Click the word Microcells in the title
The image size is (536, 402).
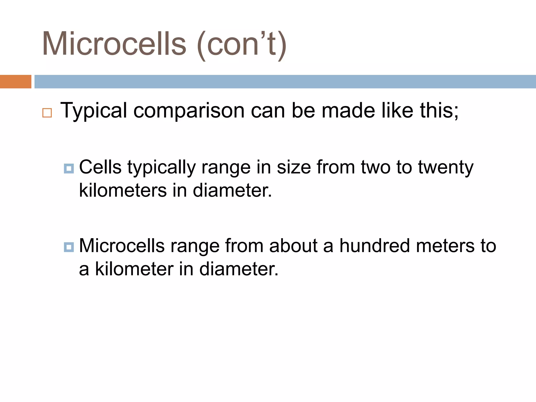click(x=114, y=44)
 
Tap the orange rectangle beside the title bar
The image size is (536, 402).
click(x=15, y=82)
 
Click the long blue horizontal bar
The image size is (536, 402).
click(x=285, y=82)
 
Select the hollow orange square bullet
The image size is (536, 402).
click(x=47, y=113)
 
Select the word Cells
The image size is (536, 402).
click(x=100, y=167)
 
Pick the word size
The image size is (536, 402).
click(x=294, y=167)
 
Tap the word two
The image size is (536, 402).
click(x=376, y=167)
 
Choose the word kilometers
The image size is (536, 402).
click(x=123, y=190)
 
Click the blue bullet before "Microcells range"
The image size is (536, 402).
click(x=69, y=247)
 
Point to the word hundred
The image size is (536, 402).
click(x=375, y=246)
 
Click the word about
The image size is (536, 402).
click(x=293, y=246)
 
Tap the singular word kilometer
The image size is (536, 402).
click(x=134, y=269)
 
